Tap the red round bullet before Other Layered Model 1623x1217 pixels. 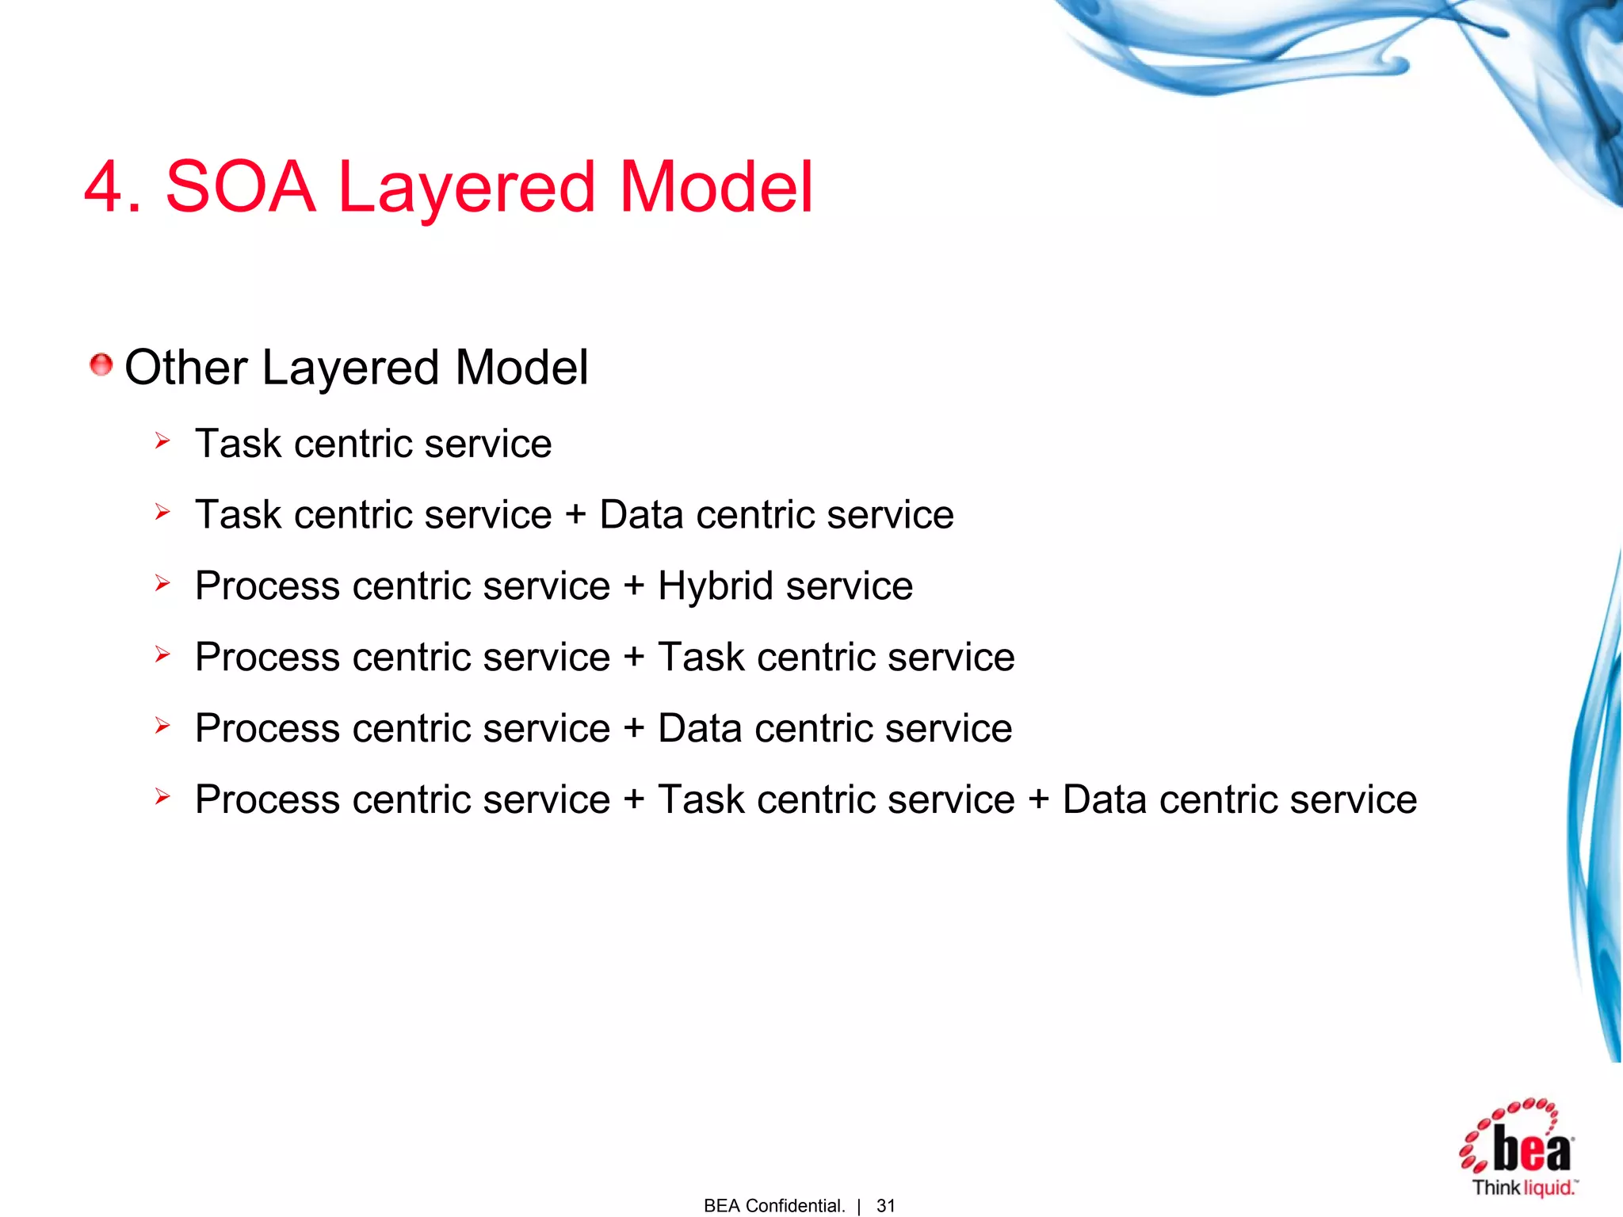101,365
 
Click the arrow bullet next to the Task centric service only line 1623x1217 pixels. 162,441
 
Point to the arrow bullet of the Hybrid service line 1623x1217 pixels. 162,584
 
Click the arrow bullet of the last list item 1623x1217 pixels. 162,796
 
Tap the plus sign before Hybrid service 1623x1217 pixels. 633,587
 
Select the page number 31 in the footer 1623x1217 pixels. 885,1205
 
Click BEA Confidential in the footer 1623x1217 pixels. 773,1205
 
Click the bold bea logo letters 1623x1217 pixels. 1531,1150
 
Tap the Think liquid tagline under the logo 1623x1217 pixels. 1523,1188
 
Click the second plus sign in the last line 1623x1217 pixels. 1038,799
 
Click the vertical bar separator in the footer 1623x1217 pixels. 859,1206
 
